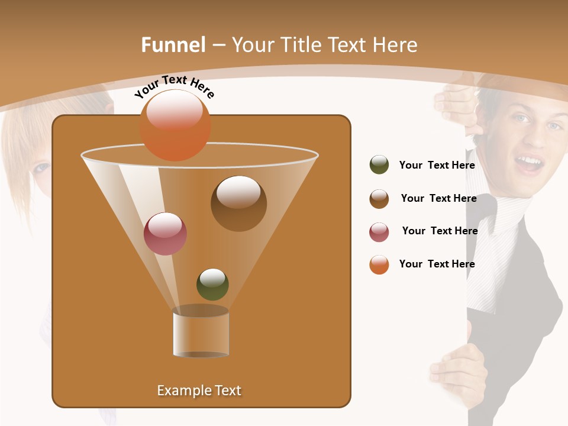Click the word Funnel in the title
[x=173, y=45]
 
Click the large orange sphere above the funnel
[x=175, y=125]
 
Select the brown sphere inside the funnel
[x=238, y=203]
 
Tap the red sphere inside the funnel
[x=166, y=234]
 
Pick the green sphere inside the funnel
[x=212, y=284]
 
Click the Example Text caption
[x=199, y=390]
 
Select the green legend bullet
[x=379, y=165]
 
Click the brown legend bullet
[x=379, y=199]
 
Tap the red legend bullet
[x=379, y=232]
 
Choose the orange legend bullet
[x=379, y=264]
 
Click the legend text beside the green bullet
[x=437, y=165]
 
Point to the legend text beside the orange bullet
[x=437, y=264]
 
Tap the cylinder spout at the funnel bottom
[x=201, y=333]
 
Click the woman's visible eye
[x=41, y=168]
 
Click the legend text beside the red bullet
[x=440, y=231]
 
